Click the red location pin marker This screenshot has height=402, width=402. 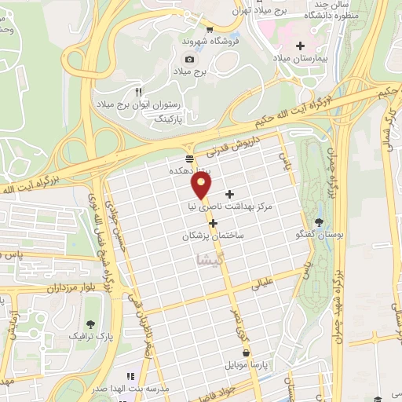[x=202, y=186]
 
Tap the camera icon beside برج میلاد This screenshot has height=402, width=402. [x=188, y=59]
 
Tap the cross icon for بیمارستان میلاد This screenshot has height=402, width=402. [x=301, y=46]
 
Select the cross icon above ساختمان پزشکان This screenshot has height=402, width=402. [x=213, y=222]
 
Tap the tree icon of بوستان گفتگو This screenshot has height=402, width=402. [x=318, y=221]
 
